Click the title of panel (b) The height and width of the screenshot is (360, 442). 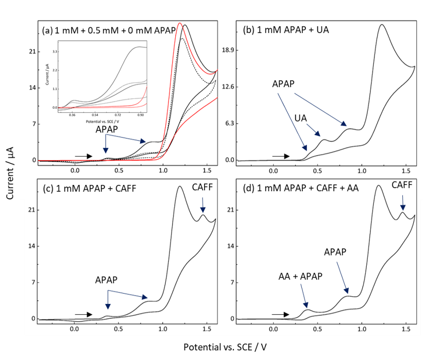285,29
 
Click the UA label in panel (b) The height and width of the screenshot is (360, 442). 300,118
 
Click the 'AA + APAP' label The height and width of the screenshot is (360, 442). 300,276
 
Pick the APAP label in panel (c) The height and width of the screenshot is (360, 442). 106,280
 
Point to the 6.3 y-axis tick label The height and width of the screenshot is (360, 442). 229,124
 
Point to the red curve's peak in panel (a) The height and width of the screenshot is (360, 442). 179,24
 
